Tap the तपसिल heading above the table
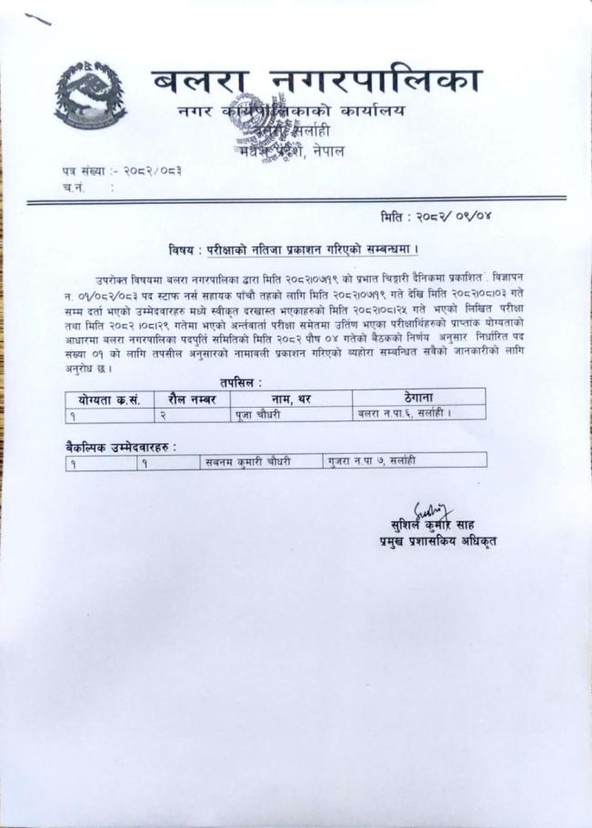click(247, 383)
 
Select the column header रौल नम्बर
click(192, 397)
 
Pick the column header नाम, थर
click(288, 397)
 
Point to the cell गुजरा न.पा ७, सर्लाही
click(373, 461)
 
